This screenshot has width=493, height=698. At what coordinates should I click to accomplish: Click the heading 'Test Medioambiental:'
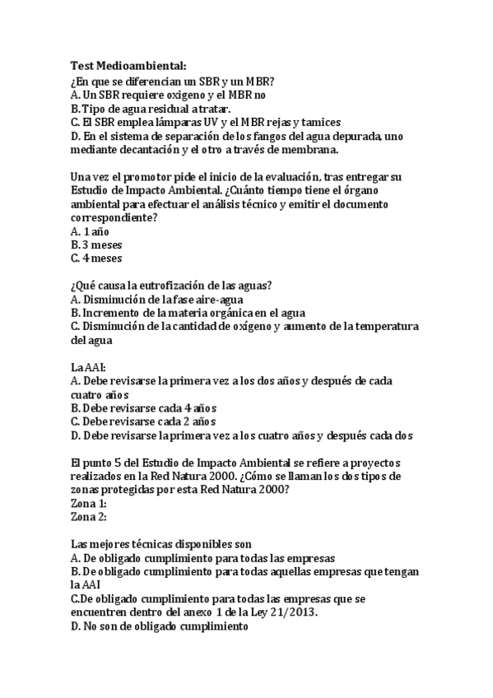tap(128, 65)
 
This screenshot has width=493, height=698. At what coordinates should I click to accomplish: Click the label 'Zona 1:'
tap(90, 503)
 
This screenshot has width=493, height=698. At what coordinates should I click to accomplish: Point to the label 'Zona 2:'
tap(90, 516)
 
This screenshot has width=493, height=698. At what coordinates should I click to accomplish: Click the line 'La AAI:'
tap(88, 366)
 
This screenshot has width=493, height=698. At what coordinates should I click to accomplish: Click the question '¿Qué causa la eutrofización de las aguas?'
tap(172, 286)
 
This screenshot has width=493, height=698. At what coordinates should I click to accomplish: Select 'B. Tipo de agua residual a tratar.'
tap(151, 108)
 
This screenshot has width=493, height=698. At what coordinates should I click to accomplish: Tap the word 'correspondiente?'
tap(114, 217)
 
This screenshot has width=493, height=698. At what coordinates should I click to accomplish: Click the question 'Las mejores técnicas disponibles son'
tap(162, 544)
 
